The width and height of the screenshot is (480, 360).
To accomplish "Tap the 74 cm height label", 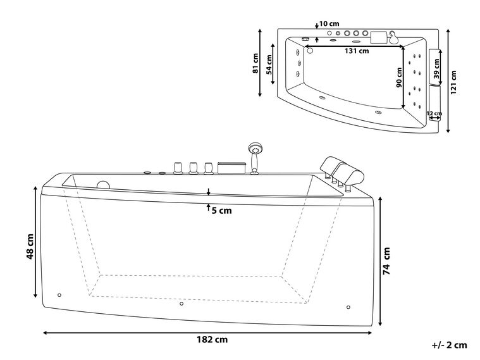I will coord(386,260).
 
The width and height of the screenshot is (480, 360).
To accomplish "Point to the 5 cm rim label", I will coord(221,210).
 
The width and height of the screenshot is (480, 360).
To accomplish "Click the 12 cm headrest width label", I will coord(434,114).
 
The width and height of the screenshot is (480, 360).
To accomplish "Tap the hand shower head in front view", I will coord(254,149).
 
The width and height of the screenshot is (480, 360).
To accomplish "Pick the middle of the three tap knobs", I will coord(193,167).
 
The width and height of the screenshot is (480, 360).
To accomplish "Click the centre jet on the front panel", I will coord(182,304).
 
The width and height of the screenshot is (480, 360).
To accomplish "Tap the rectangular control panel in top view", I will coord(379,36).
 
